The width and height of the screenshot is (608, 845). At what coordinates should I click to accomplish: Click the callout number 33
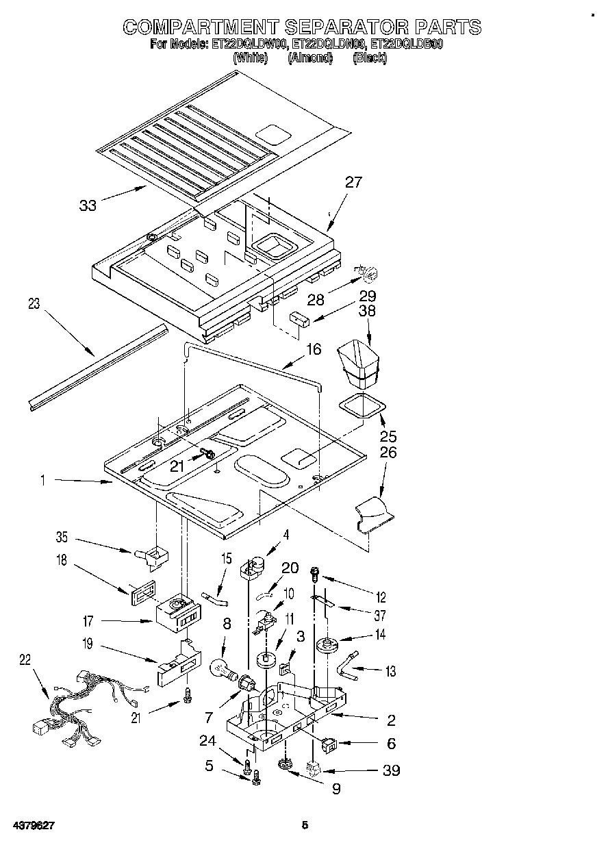click(x=88, y=205)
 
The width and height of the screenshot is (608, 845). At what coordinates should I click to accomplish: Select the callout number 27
click(x=353, y=182)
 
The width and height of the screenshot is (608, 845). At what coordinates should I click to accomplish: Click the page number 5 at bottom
click(x=305, y=826)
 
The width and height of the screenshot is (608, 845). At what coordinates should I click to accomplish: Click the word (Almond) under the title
click(x=310, y=58)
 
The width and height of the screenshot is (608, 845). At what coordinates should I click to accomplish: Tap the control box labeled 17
click(x=180, y=612)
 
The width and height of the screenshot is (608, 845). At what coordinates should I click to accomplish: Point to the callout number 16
click(x=313, y=350)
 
